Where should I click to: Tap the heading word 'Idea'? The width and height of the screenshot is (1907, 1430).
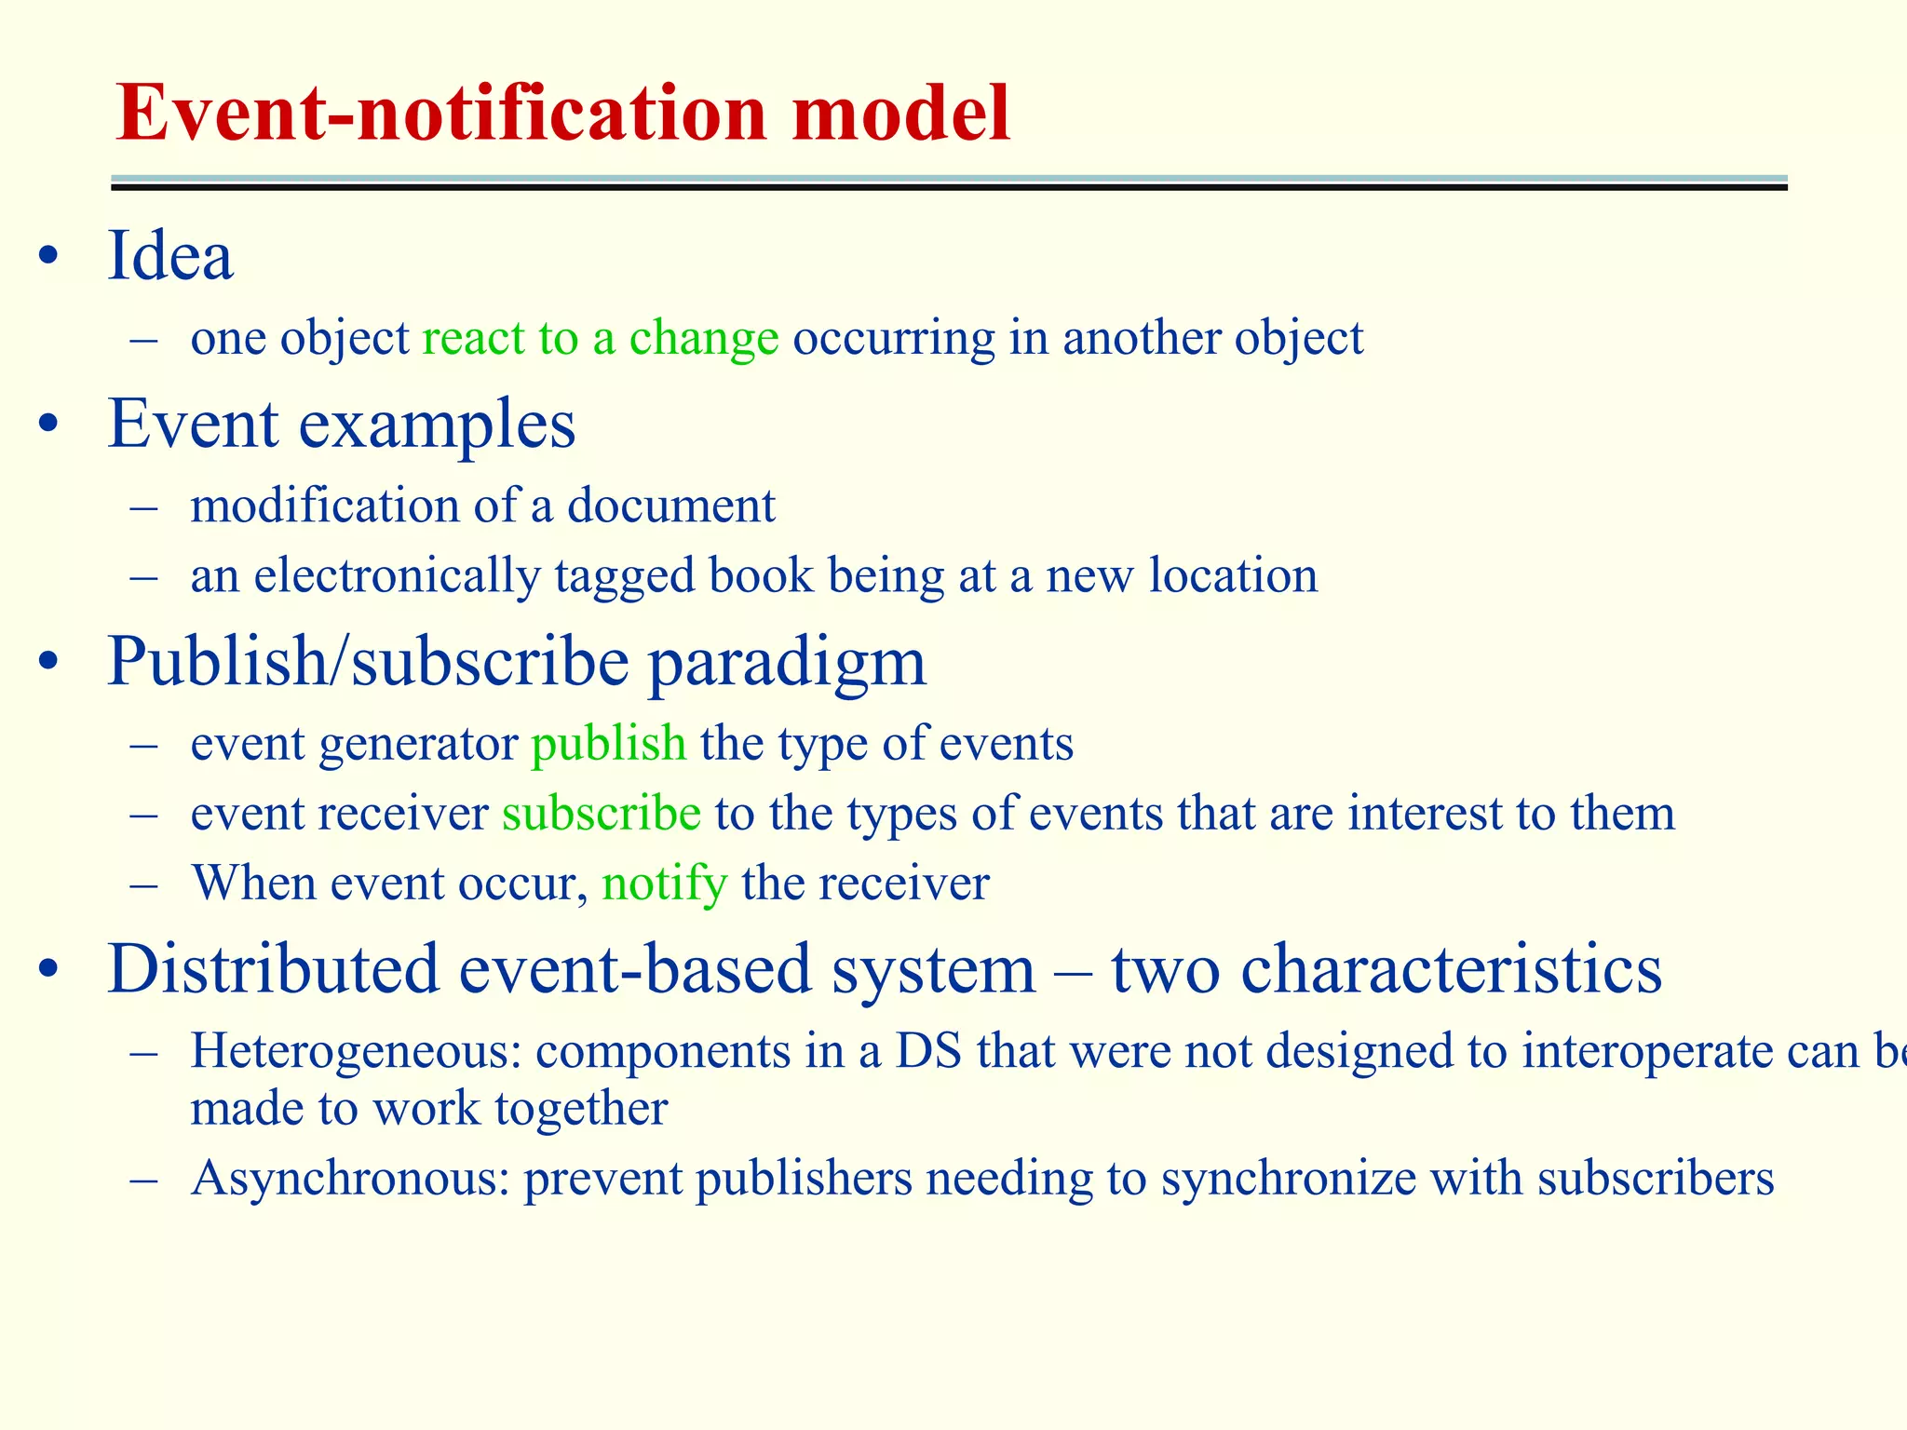point(169,256)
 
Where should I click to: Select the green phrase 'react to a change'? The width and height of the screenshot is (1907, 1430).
point(600,338)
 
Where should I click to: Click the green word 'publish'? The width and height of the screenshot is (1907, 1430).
point(608,744)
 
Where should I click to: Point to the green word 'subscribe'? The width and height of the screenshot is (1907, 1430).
point(601,814)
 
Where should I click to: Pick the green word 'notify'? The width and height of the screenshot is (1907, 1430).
point(664,884)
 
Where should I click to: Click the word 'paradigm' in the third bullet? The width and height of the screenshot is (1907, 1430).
point(786,663)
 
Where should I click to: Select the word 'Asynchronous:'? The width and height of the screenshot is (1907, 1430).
point(350,1179)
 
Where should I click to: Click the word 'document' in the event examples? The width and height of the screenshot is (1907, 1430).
point(670,506)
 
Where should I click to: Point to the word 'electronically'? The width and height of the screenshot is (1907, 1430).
point(397,576)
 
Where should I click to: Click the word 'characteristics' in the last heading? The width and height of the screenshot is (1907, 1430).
point(1451,970)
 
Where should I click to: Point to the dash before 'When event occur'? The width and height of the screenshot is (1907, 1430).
point(143,884)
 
